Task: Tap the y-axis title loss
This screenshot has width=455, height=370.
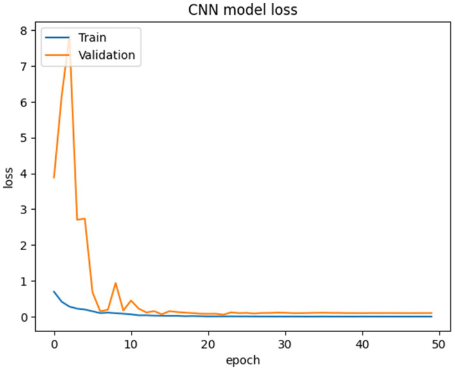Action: [x=9, y=174]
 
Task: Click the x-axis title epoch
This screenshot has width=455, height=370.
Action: [x=243, y=360]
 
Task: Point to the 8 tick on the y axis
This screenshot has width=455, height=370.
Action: [x=24, y=30]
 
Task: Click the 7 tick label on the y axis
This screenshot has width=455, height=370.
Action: [x=24, y=66]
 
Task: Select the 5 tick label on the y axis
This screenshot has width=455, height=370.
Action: [x=24, y=138]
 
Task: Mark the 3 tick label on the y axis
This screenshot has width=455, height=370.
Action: [x=24, y=210]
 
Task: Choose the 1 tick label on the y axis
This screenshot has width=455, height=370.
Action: [x=24, y=281]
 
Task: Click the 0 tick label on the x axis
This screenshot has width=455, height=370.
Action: [x=54, y=342]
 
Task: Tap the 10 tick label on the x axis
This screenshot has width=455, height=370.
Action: [x=131, y=342]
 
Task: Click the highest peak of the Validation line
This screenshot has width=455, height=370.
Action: [x=69, y=38]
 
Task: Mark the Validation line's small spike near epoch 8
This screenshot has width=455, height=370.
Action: [x=116, y=283]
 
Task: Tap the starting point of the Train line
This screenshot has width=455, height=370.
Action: [x=54, y=292]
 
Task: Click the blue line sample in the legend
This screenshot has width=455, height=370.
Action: [x=56, y=38]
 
